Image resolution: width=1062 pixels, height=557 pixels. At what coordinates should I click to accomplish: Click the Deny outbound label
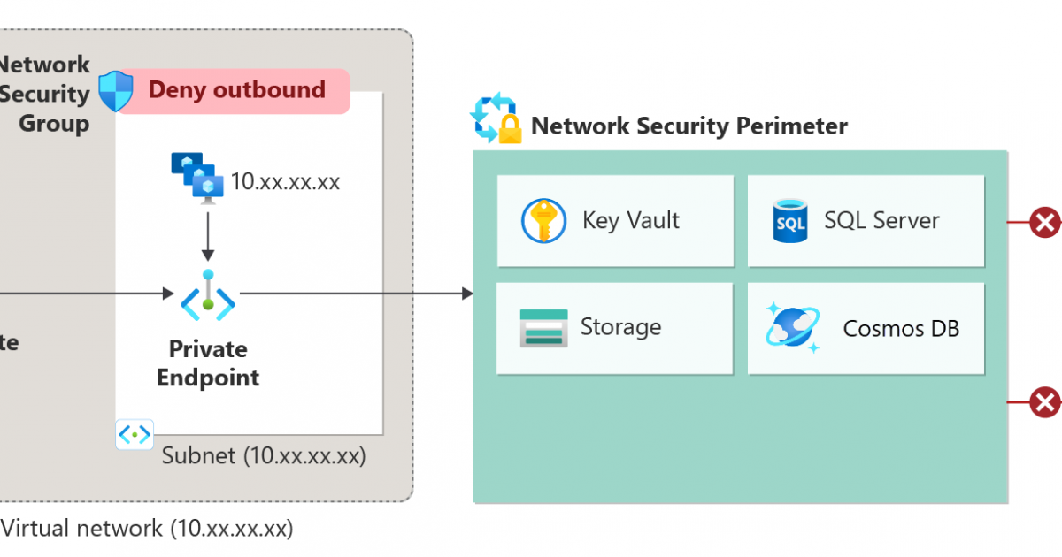click(236, 90)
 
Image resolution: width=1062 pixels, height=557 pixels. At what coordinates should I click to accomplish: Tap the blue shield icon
click(115, 91)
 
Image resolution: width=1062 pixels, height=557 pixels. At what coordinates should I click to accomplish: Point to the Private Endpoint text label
click(208, 363)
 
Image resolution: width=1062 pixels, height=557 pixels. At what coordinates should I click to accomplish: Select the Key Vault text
click(630, 220)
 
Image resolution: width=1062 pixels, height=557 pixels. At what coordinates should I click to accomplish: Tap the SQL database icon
click(789, 220)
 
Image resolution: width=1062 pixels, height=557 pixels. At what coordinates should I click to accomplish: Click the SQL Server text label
click(881, 220)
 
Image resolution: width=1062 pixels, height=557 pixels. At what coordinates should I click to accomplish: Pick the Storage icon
click(543, 328)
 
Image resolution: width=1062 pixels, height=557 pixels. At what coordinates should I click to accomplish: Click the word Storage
click(620, 327)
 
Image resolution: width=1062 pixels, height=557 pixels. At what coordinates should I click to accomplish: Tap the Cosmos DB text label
click(901, 329)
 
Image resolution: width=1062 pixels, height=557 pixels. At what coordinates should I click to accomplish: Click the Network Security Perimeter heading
click(689, 126)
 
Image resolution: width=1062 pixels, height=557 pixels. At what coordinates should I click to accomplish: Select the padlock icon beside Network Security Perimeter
click(510, 131)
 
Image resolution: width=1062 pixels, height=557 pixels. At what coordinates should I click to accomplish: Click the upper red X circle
click(1044, 222)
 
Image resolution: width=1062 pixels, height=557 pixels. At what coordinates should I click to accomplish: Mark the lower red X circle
click(1044, 402)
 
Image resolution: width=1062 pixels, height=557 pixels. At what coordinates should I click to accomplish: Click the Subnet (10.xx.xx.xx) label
click(263, 456)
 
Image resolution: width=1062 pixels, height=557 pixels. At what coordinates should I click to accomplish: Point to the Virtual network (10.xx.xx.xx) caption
click(147, 529)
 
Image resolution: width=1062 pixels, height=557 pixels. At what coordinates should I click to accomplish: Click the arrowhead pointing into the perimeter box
click(467, 293)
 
